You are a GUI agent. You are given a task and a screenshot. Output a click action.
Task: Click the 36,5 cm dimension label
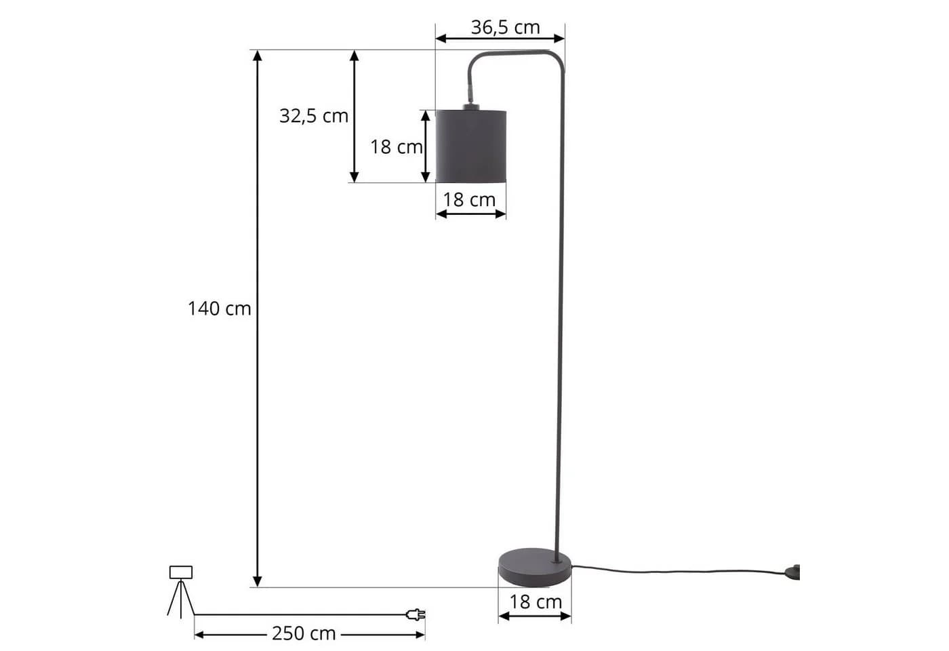point(506,28)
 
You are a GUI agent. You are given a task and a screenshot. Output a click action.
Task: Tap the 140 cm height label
point(220,309)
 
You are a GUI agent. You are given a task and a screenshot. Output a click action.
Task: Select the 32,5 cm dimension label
point(314,116)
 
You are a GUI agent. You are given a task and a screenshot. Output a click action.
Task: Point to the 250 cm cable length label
point(304,633)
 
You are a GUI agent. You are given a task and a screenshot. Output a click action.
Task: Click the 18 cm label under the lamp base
point(536,602)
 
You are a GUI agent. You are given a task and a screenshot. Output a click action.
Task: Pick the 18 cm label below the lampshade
point(469,199)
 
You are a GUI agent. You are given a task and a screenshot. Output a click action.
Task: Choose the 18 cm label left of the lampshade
point(396,147)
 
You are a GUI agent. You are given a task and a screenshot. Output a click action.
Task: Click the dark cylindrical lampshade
point(471,146)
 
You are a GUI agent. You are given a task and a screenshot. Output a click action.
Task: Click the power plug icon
point(416,614)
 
